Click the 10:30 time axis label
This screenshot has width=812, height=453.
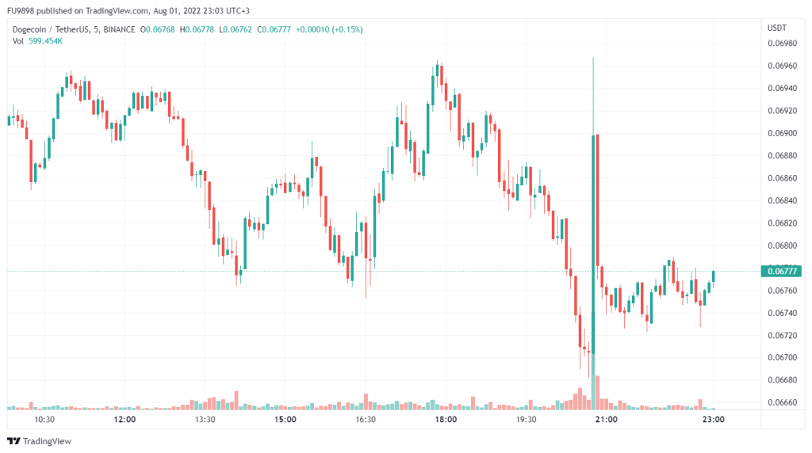tap(44, 419)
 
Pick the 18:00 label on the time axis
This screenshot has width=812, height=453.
tap(446, 419)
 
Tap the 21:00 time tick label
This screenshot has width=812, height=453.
tap(606, 419)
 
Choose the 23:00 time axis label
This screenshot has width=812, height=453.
tap(714, 419)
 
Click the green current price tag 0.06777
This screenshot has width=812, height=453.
tap(781, 271)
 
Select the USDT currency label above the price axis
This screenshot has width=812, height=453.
tap(776, 28)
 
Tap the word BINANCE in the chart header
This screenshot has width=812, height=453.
tap(114, 30)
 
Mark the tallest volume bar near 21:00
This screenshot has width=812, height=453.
tap(597, 392)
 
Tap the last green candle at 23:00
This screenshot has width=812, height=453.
tap(714, 276)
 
